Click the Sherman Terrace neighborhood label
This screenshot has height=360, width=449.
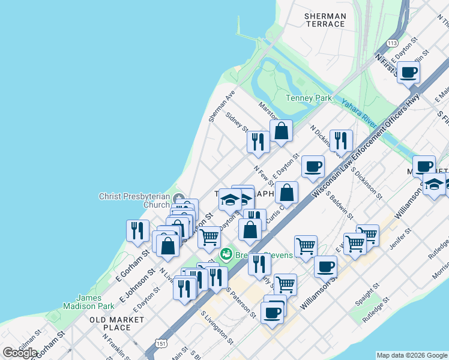325,20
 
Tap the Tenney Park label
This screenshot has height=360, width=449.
309,98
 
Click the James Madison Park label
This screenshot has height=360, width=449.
95,302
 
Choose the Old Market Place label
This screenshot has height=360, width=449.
110,323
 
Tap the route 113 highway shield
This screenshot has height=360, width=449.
393,43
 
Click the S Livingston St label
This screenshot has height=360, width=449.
217,328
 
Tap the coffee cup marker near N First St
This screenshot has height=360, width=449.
408,73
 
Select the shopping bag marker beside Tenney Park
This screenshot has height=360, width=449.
281,131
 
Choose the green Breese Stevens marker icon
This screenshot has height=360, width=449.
226,254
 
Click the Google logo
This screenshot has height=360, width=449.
20,352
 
